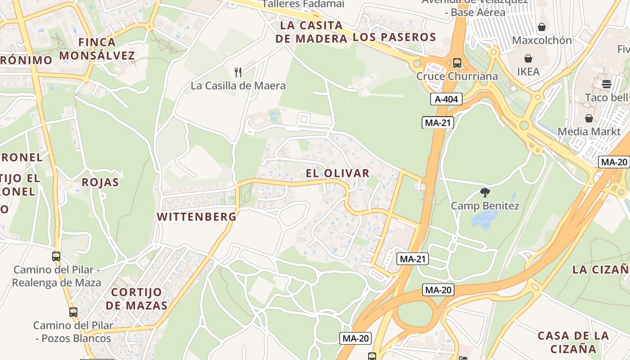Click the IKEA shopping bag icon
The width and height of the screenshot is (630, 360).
(x=528, y=58)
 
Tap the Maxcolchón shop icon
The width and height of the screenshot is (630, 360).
(x=542, y=27)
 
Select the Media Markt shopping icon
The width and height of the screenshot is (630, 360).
(x=589, y=118)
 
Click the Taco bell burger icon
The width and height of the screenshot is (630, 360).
(x=606, y=84)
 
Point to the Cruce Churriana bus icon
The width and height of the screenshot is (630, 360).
(x=457, y=63)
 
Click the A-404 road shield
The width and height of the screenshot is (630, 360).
(x=446, y=99)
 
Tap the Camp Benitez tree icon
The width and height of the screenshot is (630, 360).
(x=485, y=193)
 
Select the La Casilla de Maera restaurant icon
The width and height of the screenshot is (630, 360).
(x=238, y=72)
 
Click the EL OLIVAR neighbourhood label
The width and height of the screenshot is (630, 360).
(x=337, y=173)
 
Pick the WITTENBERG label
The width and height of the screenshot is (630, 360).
(x=197, y=217)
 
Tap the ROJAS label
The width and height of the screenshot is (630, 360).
(x=100, y=182)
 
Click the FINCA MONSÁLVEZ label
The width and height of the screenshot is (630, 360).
(x=97, y=49)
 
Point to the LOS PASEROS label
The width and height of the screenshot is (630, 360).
(x=395, y=37)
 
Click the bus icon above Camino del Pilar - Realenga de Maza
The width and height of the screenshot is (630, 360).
(x=56, y=256)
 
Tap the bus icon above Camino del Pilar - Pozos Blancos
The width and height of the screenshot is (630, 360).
(x=73, y=312)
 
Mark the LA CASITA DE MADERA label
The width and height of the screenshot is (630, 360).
(x=311, y=32)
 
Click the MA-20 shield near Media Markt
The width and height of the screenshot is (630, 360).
(x=614, y=162)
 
